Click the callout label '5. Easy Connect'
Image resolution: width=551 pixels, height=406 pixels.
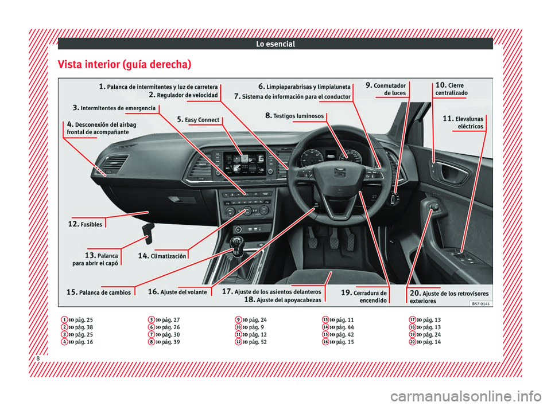point(198,119)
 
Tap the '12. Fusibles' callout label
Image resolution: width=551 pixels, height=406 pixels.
point(85,224)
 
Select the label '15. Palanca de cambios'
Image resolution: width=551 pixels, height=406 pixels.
point(99,292)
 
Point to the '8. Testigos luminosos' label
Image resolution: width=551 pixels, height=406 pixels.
point(295,115)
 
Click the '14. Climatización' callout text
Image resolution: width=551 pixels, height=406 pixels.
point(162,256)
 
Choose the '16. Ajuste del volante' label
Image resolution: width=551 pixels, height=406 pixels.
point(177,292)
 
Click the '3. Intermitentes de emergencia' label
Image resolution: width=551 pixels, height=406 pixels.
point(114,107)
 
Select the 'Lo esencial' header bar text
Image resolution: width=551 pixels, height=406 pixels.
point(275,44)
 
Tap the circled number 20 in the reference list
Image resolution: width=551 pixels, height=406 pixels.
point(413,342)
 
